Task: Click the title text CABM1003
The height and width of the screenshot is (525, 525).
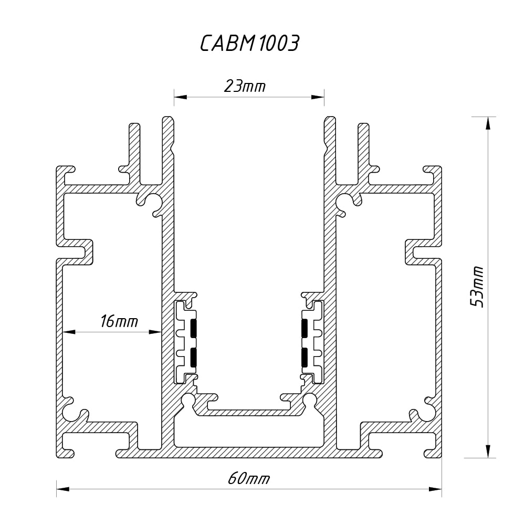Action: pyautogui.click(x=249, y=44)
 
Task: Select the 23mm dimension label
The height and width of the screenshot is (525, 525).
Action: pyautogui.click(x=245, y=86)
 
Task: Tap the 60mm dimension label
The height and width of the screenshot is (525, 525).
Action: pyautogui.click(x=249, y=478)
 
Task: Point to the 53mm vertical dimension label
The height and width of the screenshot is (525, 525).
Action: pyautogui.click(x=477, y=287)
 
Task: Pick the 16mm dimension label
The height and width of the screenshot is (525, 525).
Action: pyautogui.click(x=119, y=321)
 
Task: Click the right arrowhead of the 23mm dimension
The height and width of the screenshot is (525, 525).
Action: pyautogui.click(x=318, y=97)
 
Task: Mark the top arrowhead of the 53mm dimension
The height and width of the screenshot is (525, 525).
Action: pyautogui.click(x=488, y=123)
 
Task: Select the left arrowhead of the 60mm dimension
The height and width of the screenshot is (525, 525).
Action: pyautogui.click(x=63, y=489)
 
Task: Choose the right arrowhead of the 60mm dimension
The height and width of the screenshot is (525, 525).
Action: pyautogui.click(x=435, y=489)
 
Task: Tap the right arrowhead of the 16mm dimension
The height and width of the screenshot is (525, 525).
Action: pyautogui.click(x=155, y=332)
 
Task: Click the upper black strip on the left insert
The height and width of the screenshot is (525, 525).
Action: pyautogui.click(x=194, y=328)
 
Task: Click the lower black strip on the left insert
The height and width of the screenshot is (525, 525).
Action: pyautogui.click(x=194, y=357)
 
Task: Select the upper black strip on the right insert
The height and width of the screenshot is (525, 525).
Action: pyautogui.click(x=304, y=328)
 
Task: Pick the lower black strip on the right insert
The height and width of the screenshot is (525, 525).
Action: pyautogui.click(x=304, y=357)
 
